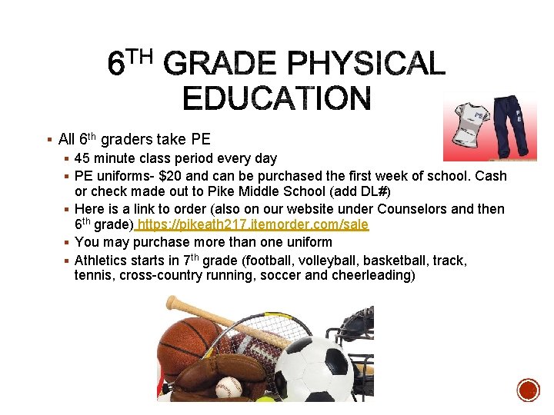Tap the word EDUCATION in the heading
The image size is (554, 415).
[x=277, y=99]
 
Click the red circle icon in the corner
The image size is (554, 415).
[x=528, y=390]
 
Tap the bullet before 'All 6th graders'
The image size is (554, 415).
[x=48, y=140]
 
